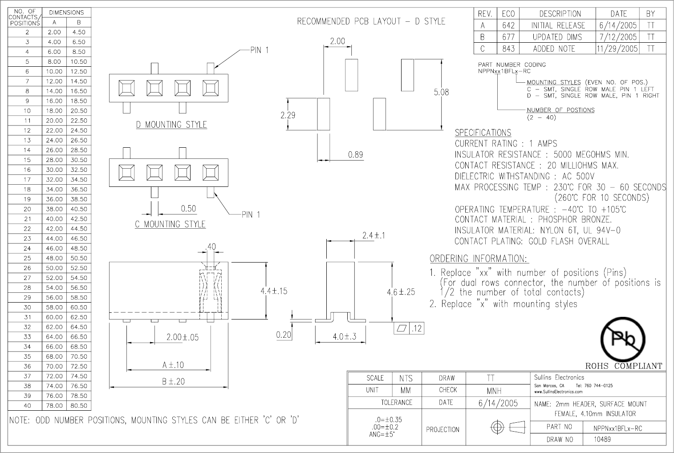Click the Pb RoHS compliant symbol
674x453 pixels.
coord(623,340)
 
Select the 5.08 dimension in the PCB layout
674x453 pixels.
coord(441,92)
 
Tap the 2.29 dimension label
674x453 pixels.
coord(288,115)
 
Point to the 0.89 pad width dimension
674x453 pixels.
coord(355,155)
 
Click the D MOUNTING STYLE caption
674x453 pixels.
coord(171,125)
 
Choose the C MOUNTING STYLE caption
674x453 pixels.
coord(170,224)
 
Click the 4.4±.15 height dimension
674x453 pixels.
coord(274,291)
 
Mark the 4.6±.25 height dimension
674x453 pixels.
coord(401,292)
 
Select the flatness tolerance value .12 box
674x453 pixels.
coord(417,329)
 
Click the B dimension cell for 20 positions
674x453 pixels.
coord(79,209)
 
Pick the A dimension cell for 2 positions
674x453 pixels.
coord(54,32)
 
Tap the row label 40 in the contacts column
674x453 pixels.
coord(27,405)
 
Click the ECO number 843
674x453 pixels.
coord(508,49)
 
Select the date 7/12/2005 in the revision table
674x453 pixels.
coord(618,37)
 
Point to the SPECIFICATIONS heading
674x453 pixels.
coord(483,133)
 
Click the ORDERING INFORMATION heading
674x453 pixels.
coord(479,259)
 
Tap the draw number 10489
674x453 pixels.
coord(602,439)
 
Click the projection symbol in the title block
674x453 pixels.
coord(508,428)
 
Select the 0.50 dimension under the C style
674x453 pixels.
coord(188,208)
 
